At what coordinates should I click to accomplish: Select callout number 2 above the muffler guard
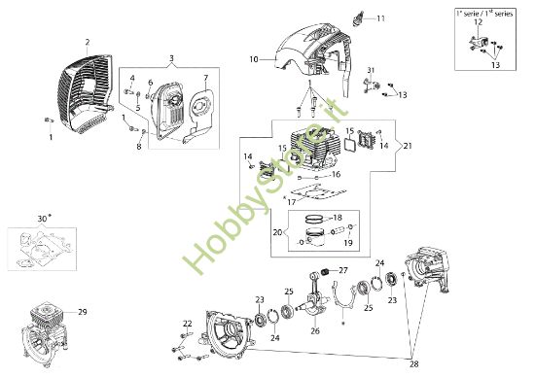pyautogui.click(x=87, y=42)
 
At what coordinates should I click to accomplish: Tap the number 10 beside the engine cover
pyautogui.click(x=253, y=59)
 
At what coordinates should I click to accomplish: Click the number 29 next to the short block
pyautogui.click(x=83, y=311)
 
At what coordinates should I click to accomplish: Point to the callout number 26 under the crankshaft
pyautogui.click(x=314, y=330)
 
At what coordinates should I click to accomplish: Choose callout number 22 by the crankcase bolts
pyautogui.click(x=187, y=324)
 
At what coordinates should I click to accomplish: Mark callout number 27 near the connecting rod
pyautogui.click(x=342, y=270)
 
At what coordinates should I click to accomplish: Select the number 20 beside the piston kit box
pyautogui.click(x=277, y=233)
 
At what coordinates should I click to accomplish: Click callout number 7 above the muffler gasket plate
pyautogui.click(x=205, y=77)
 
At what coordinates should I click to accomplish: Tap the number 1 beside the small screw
pyautogui.click(x=52, y=137)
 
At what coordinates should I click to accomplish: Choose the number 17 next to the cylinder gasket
pyautogui.click(x=291, y=201)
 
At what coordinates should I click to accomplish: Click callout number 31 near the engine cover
pyautogui.click(x=371, y=68)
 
